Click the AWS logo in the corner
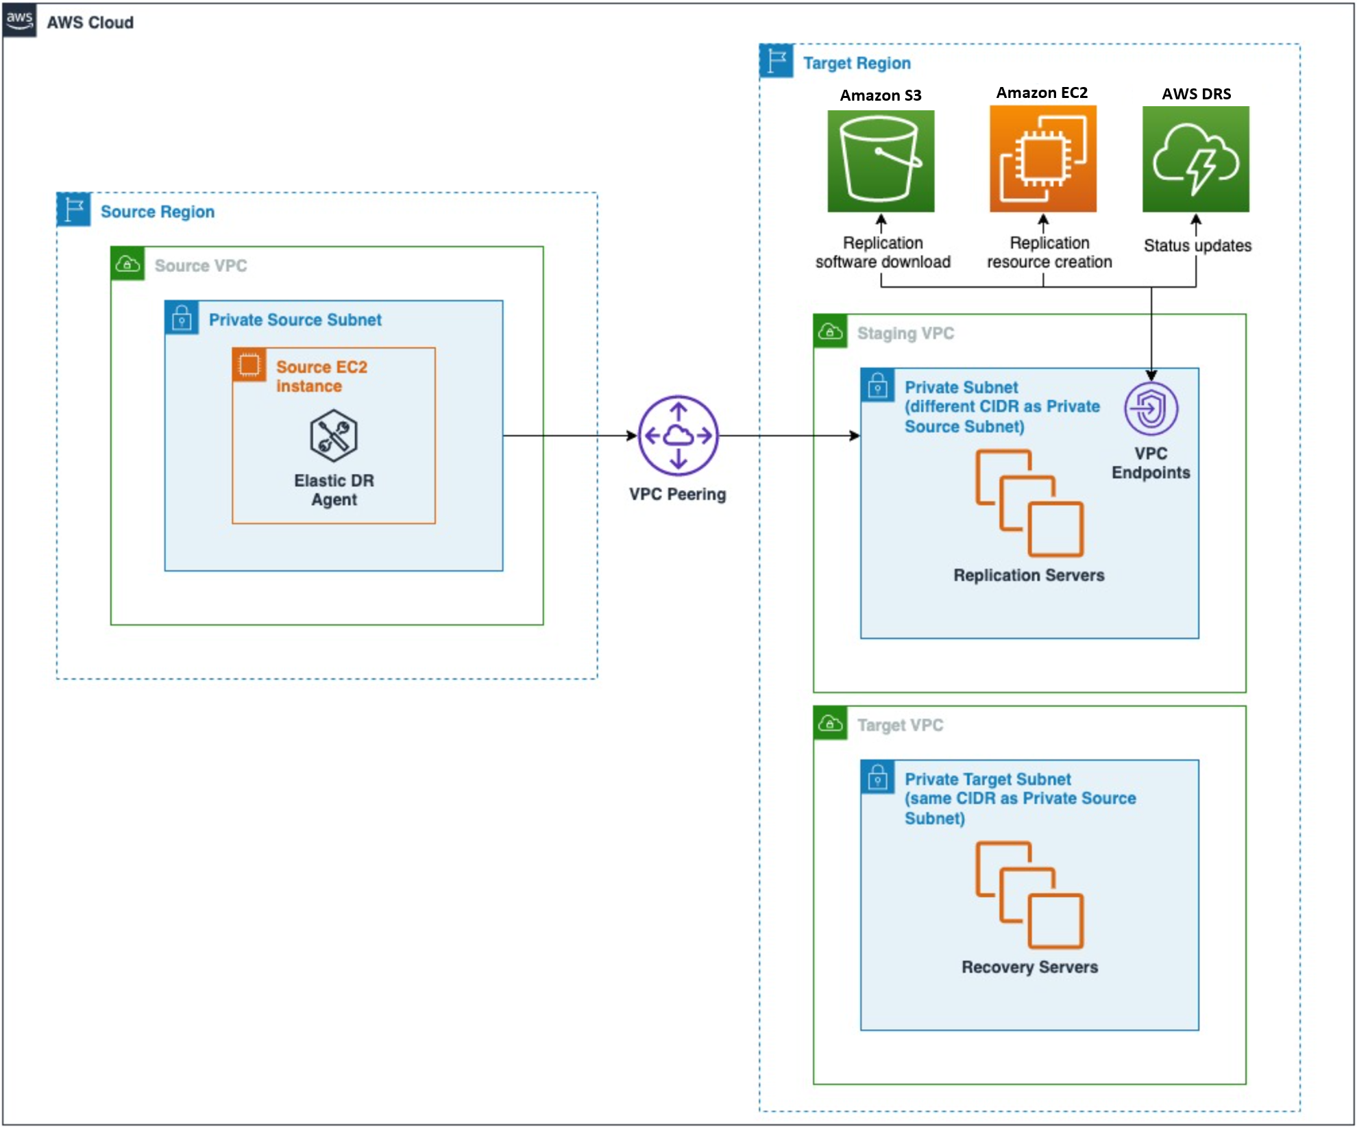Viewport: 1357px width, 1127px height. click(19, 20)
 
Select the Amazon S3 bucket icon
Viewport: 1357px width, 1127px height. click(881, 161)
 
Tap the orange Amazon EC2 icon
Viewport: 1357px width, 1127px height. click(1042, 159)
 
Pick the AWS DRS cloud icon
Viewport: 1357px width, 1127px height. click(1195, 160)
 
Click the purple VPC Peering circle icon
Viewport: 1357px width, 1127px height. click(678, 436)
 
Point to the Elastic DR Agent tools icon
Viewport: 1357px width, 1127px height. click(334, 436)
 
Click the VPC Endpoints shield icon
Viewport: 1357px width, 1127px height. click(1151, 409)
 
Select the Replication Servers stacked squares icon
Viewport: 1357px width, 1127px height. click(1029, 502)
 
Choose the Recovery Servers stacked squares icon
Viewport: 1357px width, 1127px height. click(1029, 894)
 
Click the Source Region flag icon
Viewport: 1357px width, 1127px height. click(74, 210)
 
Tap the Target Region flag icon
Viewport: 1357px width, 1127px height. click(777, 61)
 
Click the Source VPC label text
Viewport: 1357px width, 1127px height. click(200, 266)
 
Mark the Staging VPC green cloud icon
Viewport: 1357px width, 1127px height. click(831, 332)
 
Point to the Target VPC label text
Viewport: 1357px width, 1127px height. click(900, 725)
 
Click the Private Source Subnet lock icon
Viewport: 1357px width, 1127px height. click(182, 318)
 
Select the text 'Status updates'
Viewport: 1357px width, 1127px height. click(1197, 245)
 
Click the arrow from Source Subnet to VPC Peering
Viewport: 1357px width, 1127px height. click(569, 436)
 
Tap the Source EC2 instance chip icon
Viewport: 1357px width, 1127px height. click(249, 364)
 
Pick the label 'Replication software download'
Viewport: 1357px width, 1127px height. click(882, 252)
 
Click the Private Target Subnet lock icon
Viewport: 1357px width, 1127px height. click(877, 777)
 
